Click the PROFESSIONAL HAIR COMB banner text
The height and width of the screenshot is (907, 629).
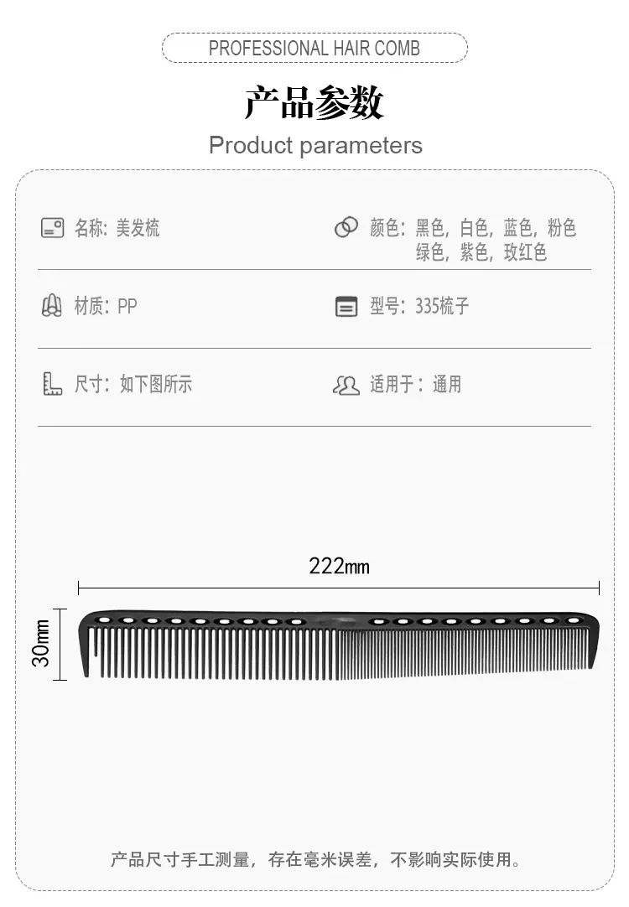[x=314, y=48]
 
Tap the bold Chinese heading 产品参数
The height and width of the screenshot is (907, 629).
[x=314, y=102]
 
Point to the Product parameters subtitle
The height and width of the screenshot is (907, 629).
[x=315, y=145]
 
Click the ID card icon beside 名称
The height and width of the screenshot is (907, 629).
[x=52, y=228]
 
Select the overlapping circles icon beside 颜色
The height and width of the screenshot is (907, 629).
[x=346, y=227]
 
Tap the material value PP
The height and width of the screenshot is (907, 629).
[x=127, y=306]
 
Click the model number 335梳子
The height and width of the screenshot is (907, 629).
[x=442, y=306]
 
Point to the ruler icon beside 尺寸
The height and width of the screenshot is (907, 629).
[x=52, y=384]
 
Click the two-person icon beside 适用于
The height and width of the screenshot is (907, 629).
[x=346, y=386]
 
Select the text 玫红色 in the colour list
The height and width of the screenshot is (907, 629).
[x=525, y=252]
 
